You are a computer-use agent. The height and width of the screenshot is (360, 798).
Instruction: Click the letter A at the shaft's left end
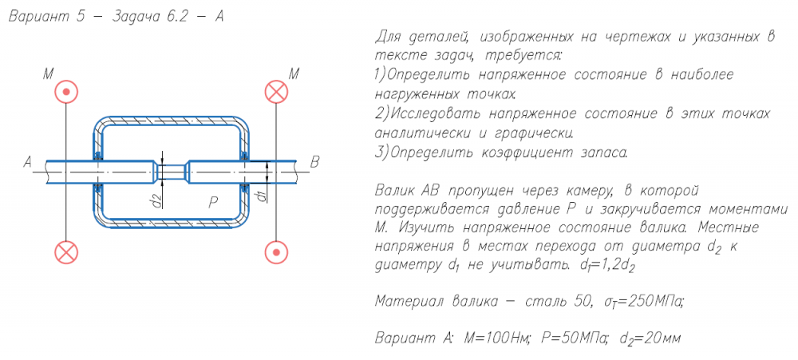[x=27, y=162]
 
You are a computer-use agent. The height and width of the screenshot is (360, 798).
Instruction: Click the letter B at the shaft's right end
[x=314, y=162]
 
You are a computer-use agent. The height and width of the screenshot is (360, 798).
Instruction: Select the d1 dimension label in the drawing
[x=260, y=195]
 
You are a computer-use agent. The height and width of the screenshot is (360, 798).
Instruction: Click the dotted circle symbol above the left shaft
[x=66, y=92]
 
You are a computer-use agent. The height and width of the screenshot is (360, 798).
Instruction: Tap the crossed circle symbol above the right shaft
[x=276, y=92]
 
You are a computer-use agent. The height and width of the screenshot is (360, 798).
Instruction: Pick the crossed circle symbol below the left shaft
[x=66, y=253]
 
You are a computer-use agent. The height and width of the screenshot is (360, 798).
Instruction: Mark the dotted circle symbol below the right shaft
[x=276, y=253]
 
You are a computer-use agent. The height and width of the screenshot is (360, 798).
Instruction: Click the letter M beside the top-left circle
[x=48, y=74]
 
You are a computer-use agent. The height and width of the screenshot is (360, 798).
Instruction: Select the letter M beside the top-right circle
[x=294, y=74]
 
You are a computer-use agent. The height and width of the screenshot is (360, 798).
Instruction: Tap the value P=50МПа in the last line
[x=573, y=338]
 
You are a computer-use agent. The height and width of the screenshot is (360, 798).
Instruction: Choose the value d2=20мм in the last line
[x=648, y=338]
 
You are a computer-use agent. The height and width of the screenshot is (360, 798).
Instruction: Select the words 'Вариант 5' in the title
[x=45, y=18]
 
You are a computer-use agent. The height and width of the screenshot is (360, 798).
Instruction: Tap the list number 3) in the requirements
[x=380, y=151]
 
